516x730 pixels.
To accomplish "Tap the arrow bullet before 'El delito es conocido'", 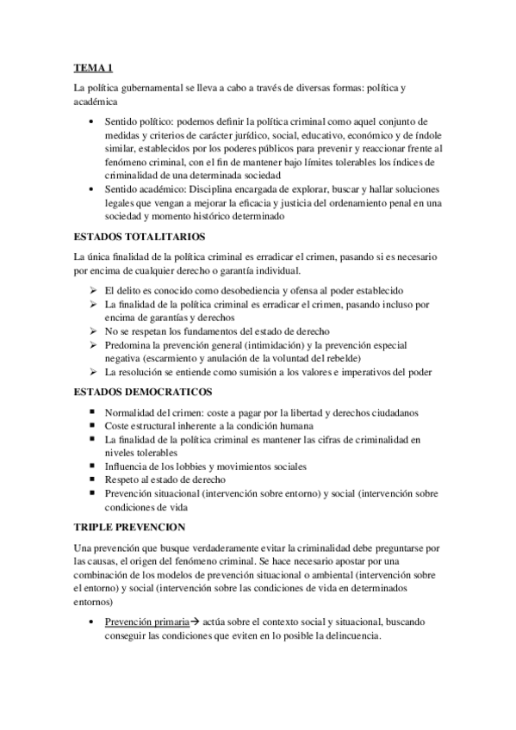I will (x=92, y=291).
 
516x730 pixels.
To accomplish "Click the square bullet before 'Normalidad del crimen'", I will (x=92, y=413).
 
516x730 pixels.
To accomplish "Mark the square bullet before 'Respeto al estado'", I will (x=92, y=479).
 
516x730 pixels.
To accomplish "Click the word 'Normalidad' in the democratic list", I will (x=132, y=413).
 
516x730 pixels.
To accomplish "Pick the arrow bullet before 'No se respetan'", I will (x=92, y=331).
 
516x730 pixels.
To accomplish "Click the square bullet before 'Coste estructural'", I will (x=92, y=426).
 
